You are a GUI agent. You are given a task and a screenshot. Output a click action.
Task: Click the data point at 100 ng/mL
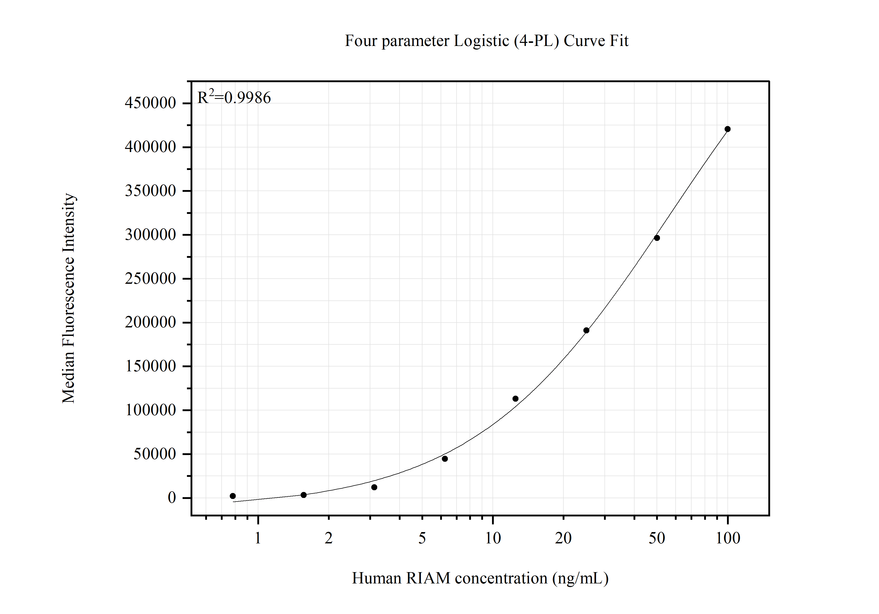tap(727, 129)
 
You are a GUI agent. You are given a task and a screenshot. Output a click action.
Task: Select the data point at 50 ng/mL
tap(657, 238)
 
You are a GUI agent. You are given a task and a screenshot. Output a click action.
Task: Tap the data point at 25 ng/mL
tap(586, 330)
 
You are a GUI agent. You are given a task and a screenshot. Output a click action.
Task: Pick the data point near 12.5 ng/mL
tap(515, 399)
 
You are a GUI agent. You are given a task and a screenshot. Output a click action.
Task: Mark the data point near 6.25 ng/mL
tap(445, 459)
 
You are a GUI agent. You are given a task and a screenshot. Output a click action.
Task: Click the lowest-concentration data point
tap(233, 496)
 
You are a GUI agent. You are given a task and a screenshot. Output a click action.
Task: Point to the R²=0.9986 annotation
tap(234, 98)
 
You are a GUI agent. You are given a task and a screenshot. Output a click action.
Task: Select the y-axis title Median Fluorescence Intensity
tap(69, 298)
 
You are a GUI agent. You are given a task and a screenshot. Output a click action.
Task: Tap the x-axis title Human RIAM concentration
tap(480, 578)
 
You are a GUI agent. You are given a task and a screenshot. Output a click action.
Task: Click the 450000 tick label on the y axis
tap(150, 103)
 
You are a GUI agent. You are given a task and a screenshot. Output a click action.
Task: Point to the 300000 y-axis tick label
tap(150, 235)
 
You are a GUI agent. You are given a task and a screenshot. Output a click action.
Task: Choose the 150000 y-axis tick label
tap(150, 366)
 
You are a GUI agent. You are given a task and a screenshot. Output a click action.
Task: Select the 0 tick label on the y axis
tap(172, 498)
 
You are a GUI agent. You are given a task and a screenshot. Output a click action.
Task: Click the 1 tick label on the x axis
tap(258, 538)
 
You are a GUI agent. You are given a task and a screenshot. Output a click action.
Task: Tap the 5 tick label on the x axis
tap(422, 538)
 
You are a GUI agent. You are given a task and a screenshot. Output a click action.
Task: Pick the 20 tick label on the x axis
tap(563, 538)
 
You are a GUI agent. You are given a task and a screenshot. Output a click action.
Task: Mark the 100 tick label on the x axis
tap(728, 538)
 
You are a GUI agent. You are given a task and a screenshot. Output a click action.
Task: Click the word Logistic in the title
tap(481, 41)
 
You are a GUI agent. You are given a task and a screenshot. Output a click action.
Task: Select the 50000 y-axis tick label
tap(155, 454)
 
